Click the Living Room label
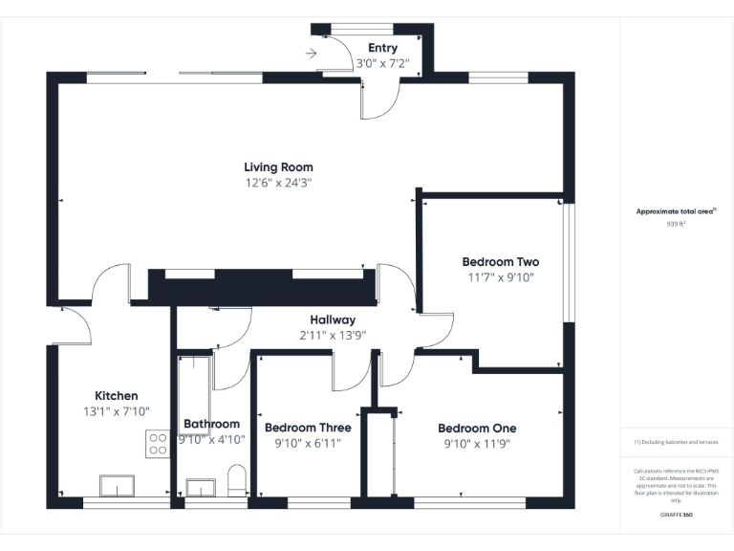[278, 167]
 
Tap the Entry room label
[382, 49]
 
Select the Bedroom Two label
[500, 262]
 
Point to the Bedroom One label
[477, 429]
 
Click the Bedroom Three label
[308, 428]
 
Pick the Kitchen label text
[116, 396]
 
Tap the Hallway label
[333, 320]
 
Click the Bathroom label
[211, 424]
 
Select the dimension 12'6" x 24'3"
[278, 183]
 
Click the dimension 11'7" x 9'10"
[500, 278]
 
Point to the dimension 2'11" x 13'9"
[333, 335]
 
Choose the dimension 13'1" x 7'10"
[116, 411]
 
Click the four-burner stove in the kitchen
[158, 444]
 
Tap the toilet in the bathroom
[238, 480]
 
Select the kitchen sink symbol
[118, 487]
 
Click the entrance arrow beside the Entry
[311, 54]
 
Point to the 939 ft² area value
[676, 224]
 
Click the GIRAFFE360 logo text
[676, 516]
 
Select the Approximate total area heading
[676, 211]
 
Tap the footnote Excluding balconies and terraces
[676, 442]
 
